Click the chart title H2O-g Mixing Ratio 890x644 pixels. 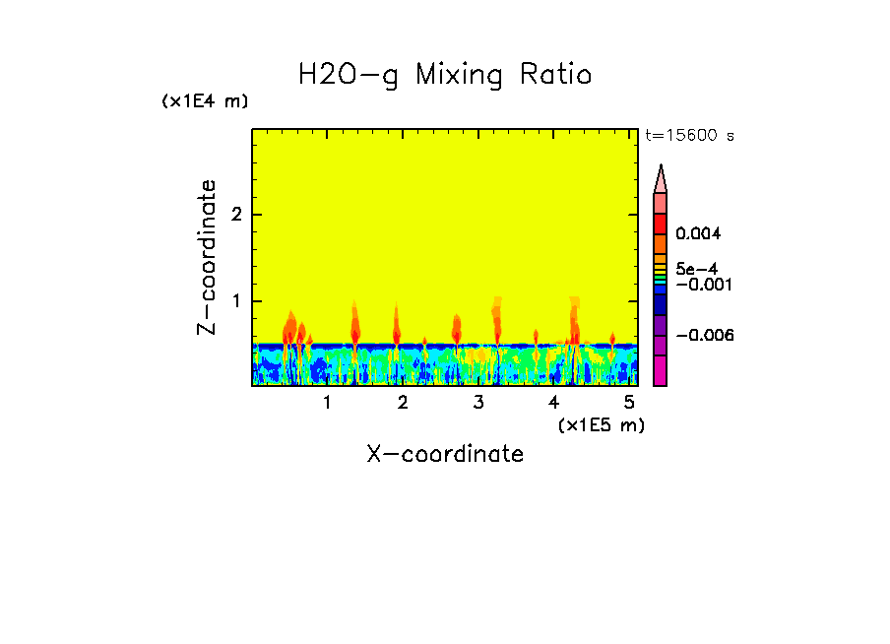(x=445, y=75)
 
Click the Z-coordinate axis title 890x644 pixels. (x=207, y=257)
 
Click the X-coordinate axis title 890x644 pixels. (x=445, y=454)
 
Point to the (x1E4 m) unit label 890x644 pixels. (x=205, y=101)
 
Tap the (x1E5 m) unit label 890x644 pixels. (x=601, y=424)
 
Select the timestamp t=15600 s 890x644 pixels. (x=689, y=136)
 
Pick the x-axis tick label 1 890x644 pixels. (x=327, y=403)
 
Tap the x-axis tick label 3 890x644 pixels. (x=478, y=403)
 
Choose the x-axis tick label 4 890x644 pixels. (x=554, y=403)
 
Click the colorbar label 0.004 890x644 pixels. (x=699, y=234)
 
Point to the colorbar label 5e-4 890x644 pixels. (x=696, y=269)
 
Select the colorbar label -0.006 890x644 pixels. (x=704, y=335)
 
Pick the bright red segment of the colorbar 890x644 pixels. (x=661, y=224)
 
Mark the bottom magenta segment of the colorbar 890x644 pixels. (x=661, y=370)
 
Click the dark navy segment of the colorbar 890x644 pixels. (x=661, y=306)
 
